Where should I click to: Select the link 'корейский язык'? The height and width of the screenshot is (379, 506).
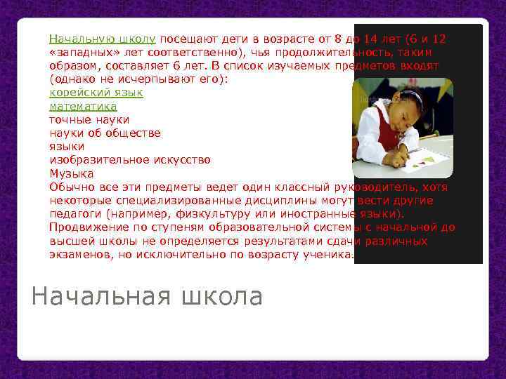click(x=96, y=93)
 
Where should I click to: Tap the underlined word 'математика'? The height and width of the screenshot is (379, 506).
click(x=83, y=106)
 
